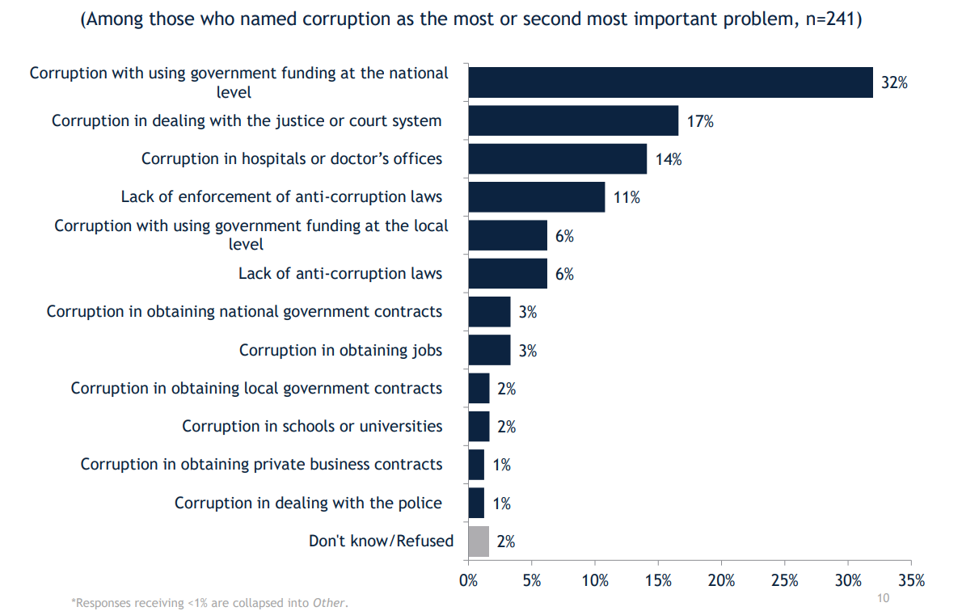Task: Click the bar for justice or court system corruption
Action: pos(573,120)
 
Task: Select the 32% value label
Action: pos(894,82)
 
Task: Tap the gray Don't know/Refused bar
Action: pos(479,541)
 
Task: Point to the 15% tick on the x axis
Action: pos(658,580)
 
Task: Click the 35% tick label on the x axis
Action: pos(911,580)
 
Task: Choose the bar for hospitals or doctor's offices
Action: pos(558,158)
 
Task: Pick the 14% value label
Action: pos(669,159)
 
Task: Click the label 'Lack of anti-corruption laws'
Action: pos(340,273)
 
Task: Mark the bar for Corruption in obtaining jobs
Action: pos(489,350)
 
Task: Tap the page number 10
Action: pos(883,598)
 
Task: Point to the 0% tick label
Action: pos(468,580)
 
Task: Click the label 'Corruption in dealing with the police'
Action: pos(308,503)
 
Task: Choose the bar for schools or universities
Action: pos(479,426)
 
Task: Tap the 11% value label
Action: pos(627,197)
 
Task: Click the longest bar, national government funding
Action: pos(670,82)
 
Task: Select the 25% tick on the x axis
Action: pos(785,580)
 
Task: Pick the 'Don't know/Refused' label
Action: pos(382,541)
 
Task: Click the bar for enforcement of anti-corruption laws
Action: pos(537,196)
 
